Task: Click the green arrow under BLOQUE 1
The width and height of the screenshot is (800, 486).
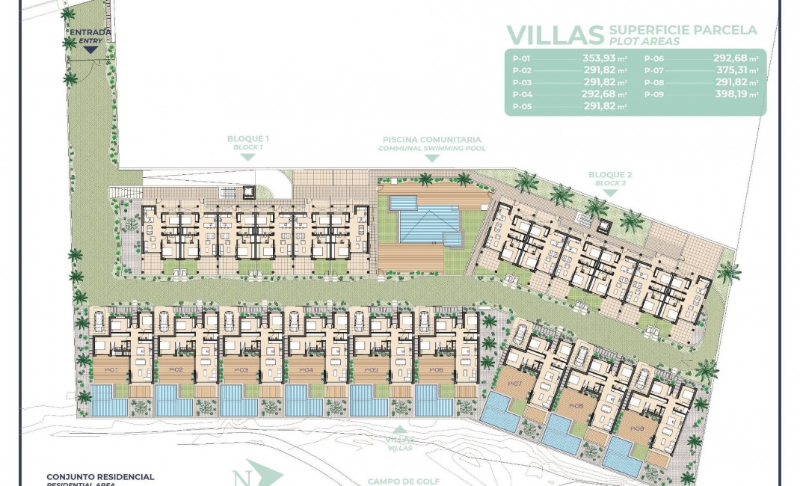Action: (247, 159)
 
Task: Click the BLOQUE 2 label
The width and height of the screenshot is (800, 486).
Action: (609, 176)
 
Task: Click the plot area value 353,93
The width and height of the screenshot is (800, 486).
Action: (604, 58)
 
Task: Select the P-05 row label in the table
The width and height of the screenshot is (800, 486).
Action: (521, 106)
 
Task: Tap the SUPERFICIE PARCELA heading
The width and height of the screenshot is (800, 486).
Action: (683, 30)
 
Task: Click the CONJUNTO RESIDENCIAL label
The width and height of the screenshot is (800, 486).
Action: (100, 476)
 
